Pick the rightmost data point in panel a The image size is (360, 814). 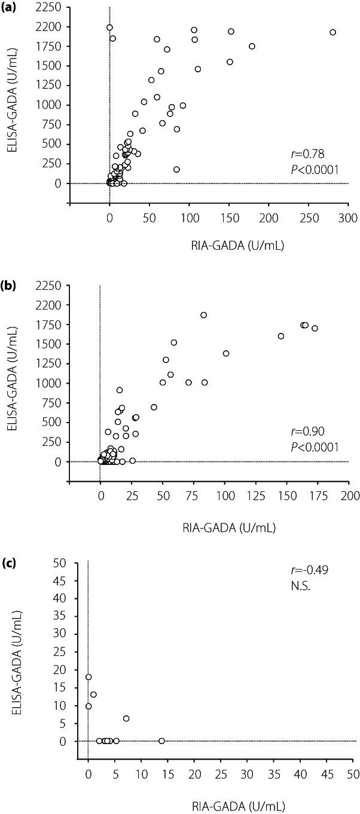pos(333,32)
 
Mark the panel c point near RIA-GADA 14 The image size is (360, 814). pos(161,741)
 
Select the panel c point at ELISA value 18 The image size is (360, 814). pos(89,677)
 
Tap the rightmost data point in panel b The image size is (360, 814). pos(315,328)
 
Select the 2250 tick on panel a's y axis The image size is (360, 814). pos(52,8)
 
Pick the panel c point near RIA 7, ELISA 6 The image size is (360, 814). pos(126,718)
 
